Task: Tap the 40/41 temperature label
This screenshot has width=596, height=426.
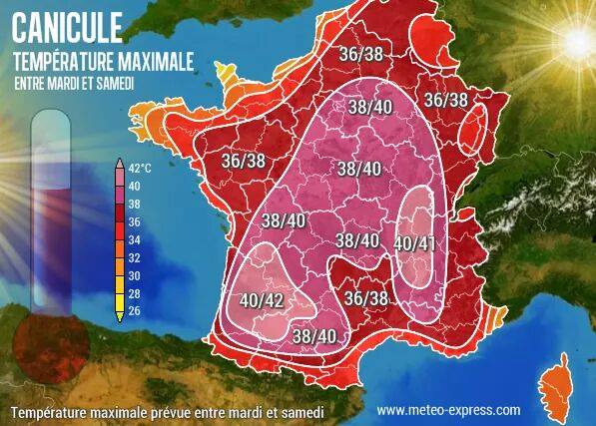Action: point(413,242)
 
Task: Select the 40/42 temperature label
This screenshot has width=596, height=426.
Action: point(262,297)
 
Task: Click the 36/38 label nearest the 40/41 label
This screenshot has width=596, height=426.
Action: point(366,297)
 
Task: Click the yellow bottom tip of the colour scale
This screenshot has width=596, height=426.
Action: point(120,316)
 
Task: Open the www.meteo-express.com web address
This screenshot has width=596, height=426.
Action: point(448,410)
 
